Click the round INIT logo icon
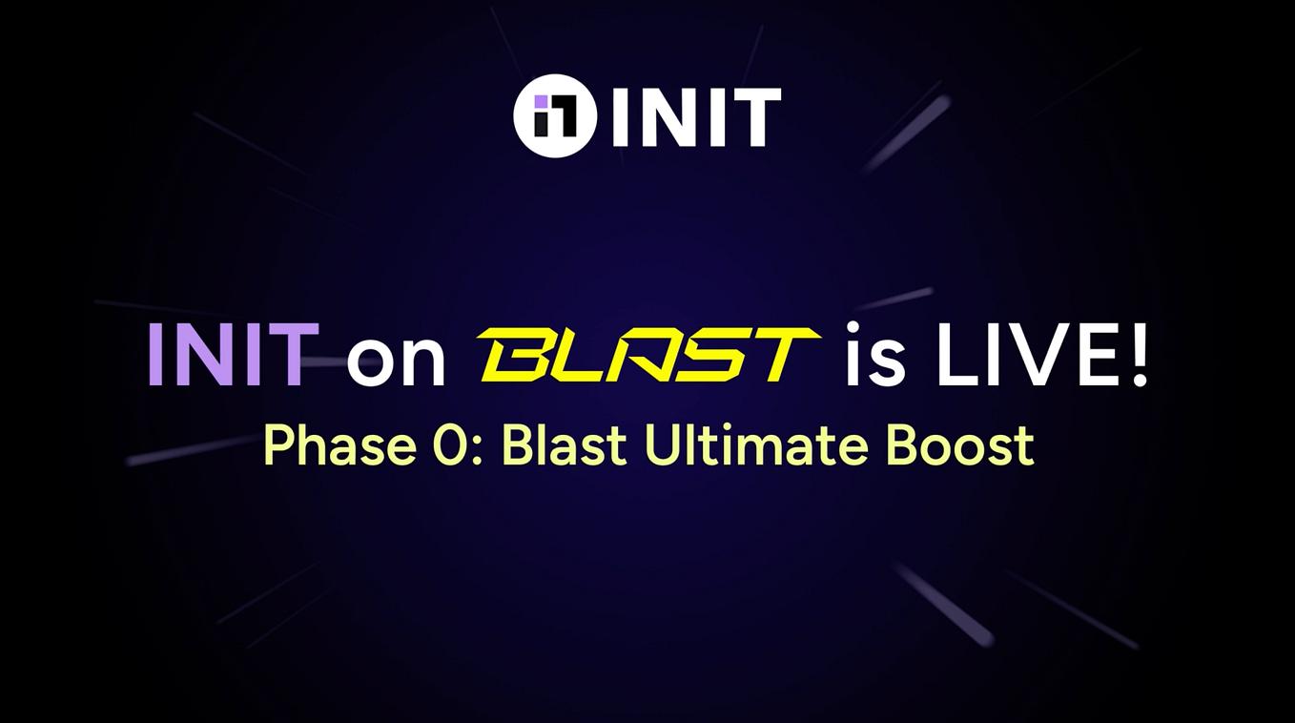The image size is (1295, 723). (554, 115)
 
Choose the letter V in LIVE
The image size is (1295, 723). (1035, 356)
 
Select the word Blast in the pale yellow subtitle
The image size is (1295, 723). (564, 445)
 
